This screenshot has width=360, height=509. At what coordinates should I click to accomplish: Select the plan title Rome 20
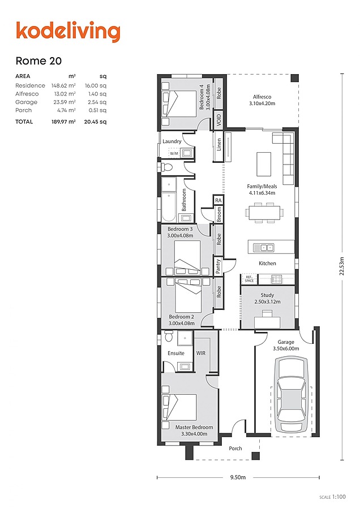point(38,61)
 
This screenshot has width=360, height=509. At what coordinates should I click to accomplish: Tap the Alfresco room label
point(262,100)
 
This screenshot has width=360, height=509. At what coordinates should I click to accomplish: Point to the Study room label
point(267,299)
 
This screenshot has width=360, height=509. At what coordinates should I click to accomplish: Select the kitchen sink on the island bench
point(264,247)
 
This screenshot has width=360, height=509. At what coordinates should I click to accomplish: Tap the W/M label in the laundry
point(173,153)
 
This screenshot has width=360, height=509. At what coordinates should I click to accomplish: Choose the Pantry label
point(218,266)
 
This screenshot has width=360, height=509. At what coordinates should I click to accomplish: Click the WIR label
point(201,353)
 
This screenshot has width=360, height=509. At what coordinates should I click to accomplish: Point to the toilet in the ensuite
point(168,338)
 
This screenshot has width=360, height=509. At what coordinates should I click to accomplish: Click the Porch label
point(235,448)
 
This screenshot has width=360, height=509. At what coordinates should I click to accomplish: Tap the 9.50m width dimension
point(238,478)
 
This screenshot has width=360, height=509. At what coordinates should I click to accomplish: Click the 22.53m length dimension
point(341,266)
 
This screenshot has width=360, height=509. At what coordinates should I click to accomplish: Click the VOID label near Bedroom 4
point(218,119)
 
